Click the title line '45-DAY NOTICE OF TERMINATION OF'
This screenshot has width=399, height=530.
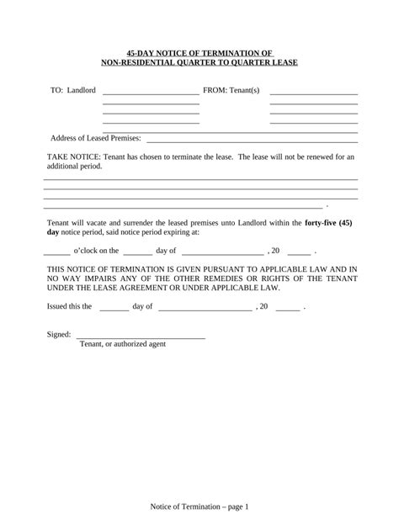point(199,51)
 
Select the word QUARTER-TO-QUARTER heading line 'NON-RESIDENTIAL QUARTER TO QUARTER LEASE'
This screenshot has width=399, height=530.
point(199,61)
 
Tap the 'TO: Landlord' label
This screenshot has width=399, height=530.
point(73,90)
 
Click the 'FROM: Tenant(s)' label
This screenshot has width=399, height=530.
point(231,90)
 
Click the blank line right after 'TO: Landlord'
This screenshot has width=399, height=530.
point(151,93)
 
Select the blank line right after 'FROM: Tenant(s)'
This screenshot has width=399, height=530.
point(314,93)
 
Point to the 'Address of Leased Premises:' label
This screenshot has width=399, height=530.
point(96,138)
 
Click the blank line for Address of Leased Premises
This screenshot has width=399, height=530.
point(253,140)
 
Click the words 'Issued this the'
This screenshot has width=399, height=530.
point(69,306)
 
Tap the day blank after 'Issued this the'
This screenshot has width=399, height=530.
point(114,309)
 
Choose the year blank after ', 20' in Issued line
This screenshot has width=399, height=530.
point(287,309)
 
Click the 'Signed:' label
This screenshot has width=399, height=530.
point(59,335)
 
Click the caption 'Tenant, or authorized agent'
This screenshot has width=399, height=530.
point(122,344)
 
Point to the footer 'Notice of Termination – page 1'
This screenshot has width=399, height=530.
point(199,506)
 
